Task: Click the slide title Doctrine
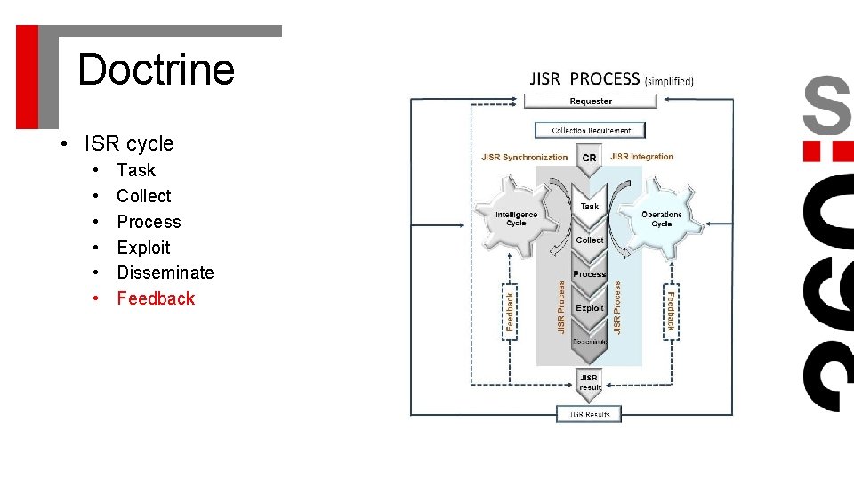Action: (156, 69)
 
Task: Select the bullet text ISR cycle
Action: (129, 143)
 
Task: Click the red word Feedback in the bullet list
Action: (156, 298)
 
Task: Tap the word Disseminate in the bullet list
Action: (165, 273)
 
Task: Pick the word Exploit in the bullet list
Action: (143, 248)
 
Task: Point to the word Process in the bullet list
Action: (149, 222)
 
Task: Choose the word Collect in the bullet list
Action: (143, 196)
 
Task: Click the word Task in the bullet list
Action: (136, 170)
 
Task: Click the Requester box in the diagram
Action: (591, 101)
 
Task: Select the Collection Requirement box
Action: (591, 130)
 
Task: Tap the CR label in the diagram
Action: (589, 159)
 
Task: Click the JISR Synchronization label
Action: (524, 158)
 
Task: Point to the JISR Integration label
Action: (642, 157)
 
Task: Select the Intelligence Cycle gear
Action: (516, 218)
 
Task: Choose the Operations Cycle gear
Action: (661, 218)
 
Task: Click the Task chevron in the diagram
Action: (590, 206)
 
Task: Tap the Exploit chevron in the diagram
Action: (590, 308)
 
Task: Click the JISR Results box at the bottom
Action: (589, 414)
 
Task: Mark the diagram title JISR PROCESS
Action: (584, 79)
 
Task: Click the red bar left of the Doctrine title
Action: (28, 76)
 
